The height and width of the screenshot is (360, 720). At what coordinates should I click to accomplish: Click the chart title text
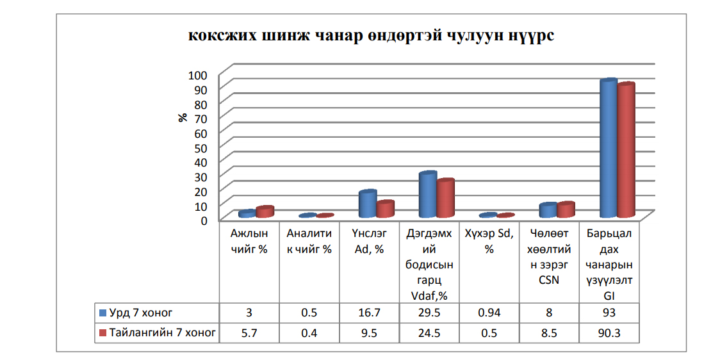click(371, 36)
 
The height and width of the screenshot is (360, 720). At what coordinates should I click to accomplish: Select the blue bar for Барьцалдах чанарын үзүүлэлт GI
click(608, 147)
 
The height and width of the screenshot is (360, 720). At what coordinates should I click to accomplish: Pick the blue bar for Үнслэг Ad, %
click(367, 204)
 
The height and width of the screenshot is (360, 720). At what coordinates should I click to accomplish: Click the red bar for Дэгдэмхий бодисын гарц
click(445, 197)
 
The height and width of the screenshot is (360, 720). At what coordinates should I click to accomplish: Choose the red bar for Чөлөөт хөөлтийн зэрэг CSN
click(566, 209)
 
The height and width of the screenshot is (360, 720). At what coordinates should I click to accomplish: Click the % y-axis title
click(183, 118)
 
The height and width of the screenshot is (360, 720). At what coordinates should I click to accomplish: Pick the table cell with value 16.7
click(369, 313)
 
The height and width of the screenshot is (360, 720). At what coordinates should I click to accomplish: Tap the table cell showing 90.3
click(609, 332)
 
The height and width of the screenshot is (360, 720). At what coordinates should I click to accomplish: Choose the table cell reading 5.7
click(249, 332)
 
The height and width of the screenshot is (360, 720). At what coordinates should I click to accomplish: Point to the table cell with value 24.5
click(429, 332)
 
